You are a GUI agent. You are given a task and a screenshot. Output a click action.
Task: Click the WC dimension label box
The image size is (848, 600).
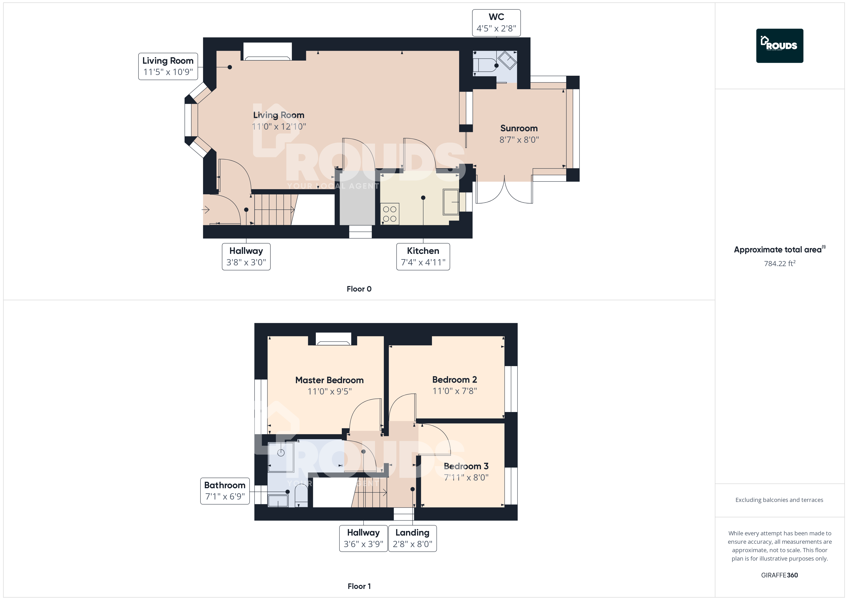click(x=496, y=23)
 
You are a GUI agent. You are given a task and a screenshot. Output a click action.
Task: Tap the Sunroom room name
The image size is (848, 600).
click(x=519, y=128)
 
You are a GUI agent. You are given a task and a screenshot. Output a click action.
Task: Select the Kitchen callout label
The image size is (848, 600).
click(x=423, y=256)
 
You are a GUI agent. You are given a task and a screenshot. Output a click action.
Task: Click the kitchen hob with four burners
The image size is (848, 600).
click(x=390, y=214)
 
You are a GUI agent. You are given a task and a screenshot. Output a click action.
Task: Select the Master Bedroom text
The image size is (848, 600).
click(x=330, y=380)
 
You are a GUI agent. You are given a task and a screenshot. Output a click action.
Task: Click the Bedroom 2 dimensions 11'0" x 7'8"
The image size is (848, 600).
click(x=455, y=391)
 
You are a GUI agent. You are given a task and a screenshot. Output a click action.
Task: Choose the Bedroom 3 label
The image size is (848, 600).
click(x=466, y=466)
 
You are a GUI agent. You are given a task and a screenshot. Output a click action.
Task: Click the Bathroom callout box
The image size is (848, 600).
click(x=225, y=491)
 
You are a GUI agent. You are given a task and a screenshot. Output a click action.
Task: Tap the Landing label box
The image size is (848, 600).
click(x=412, y=538)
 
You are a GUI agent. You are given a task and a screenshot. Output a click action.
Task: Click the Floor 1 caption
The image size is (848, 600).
click(x=359, y=586)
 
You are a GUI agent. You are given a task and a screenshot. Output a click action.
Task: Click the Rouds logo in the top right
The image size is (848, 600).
click(x=780, y=46)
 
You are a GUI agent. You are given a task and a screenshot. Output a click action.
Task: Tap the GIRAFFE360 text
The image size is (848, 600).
click(x=779, y=575)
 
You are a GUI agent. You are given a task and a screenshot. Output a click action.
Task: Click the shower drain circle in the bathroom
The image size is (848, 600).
click(x=281, y=453)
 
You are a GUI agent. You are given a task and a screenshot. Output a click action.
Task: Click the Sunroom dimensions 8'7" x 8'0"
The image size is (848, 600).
click(x=519, y=140)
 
